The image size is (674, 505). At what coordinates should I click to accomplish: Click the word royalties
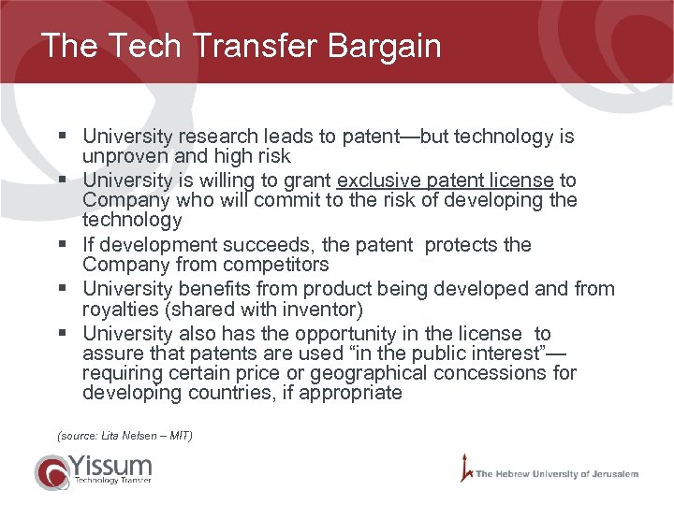119,309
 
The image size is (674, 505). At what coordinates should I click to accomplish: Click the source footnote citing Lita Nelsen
125,436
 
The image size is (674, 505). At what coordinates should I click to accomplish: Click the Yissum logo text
110,465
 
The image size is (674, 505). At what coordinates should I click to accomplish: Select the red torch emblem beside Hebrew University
464,468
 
